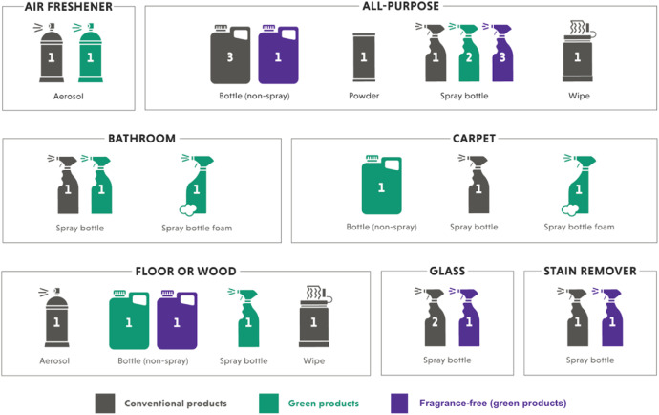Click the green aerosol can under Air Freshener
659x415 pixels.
coord(91,54)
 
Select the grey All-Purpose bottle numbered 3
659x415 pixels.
coord(230,55)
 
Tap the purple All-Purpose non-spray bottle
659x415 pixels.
coord(278,55)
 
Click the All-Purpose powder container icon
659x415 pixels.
coord(364,57)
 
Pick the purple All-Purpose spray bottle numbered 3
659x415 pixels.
coord(501,54)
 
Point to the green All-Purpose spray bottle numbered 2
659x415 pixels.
coord(468,54)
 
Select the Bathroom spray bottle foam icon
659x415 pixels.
coord(197,186)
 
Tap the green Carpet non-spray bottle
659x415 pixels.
coord(381,186)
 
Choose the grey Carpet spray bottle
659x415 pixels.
coord(478,186)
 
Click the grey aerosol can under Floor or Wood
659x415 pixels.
coord(56,318)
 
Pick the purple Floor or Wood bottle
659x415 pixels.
coord(177,320)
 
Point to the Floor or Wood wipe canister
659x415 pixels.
coord(314,317)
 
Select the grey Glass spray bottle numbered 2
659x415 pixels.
coord(435,318)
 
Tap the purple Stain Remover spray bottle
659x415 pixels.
coord(611,318)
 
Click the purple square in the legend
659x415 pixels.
coord(399,404)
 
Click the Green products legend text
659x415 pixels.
coord(324,404)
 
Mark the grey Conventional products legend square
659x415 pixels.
coord(105,404)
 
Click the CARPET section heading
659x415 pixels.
coord(474,139)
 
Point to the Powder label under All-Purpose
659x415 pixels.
coord(364,96)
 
